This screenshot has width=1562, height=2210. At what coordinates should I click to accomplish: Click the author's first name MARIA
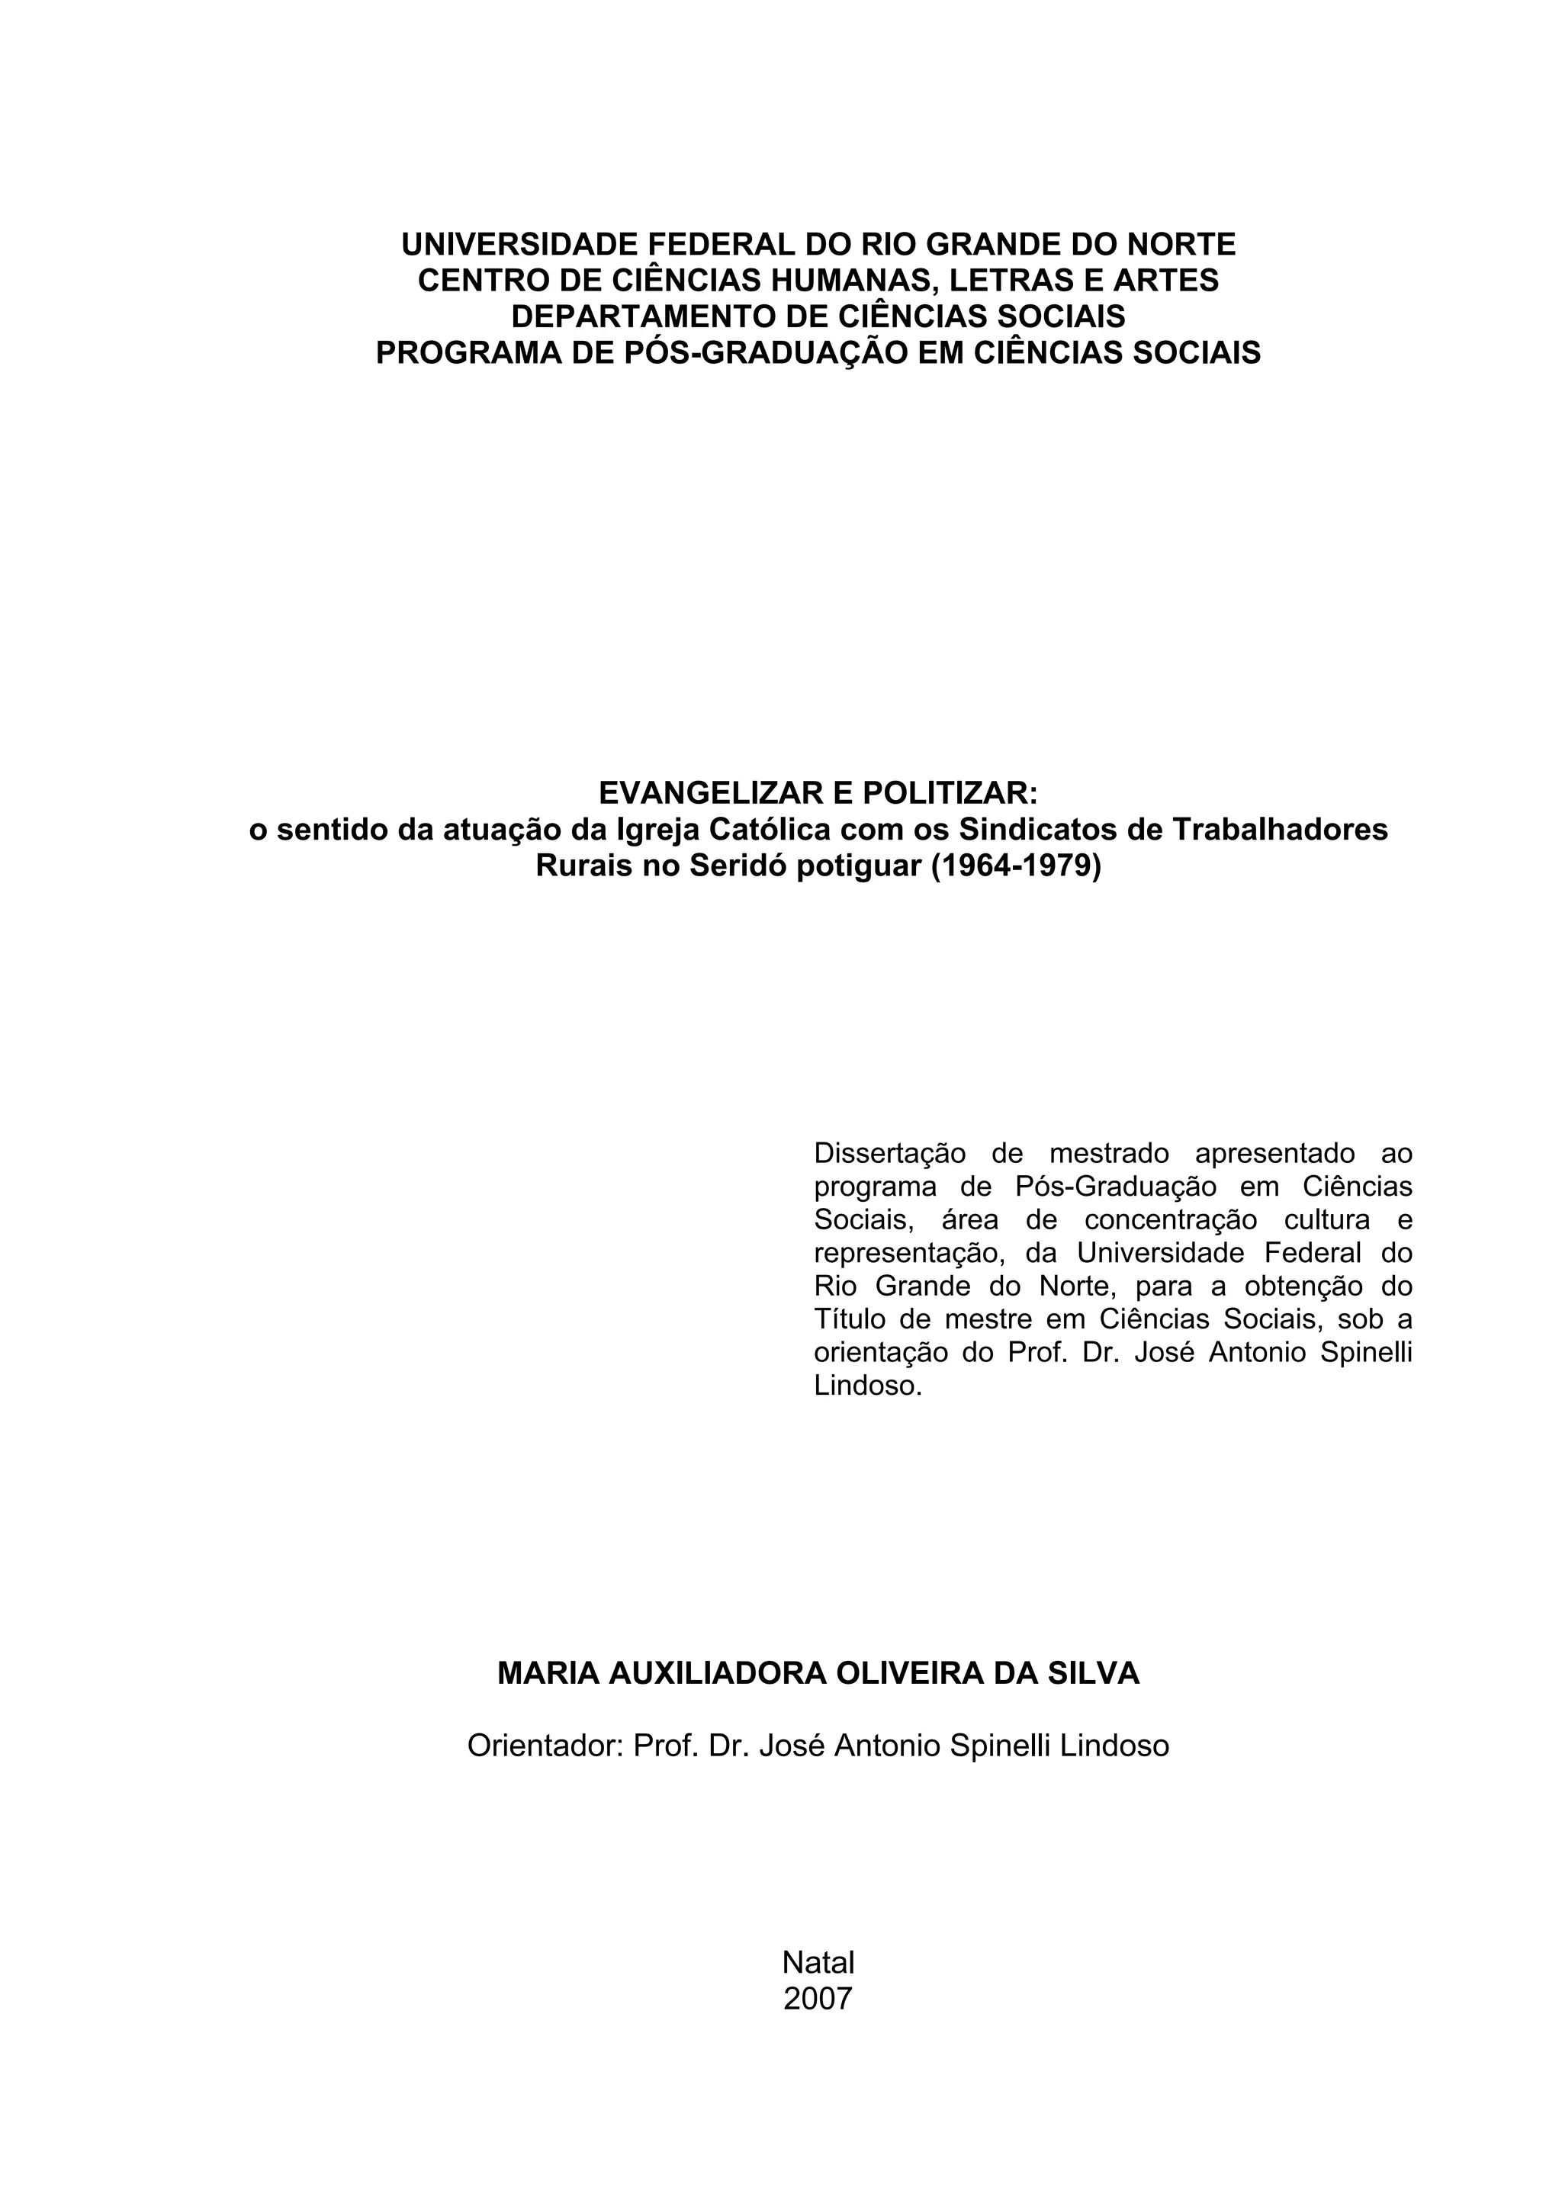tap(548, 1674)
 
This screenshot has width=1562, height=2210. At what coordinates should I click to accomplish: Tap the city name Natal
tap(818, 1963)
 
